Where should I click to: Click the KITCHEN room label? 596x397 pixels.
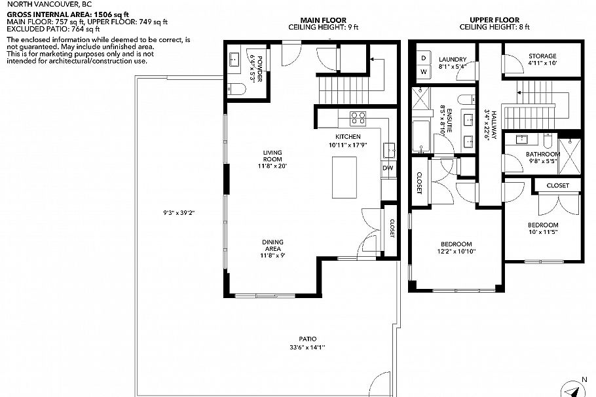(347, 136)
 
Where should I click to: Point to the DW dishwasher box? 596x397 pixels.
(388, 168)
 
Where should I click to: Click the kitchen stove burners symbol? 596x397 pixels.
(358, 119)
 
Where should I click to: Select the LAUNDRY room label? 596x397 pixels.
(453, 58)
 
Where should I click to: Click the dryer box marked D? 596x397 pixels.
(423, 58)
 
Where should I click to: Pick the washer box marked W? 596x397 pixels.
(423, 71)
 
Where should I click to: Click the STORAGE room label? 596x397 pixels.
(542, 56)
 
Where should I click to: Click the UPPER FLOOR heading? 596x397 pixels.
(494, 20)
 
